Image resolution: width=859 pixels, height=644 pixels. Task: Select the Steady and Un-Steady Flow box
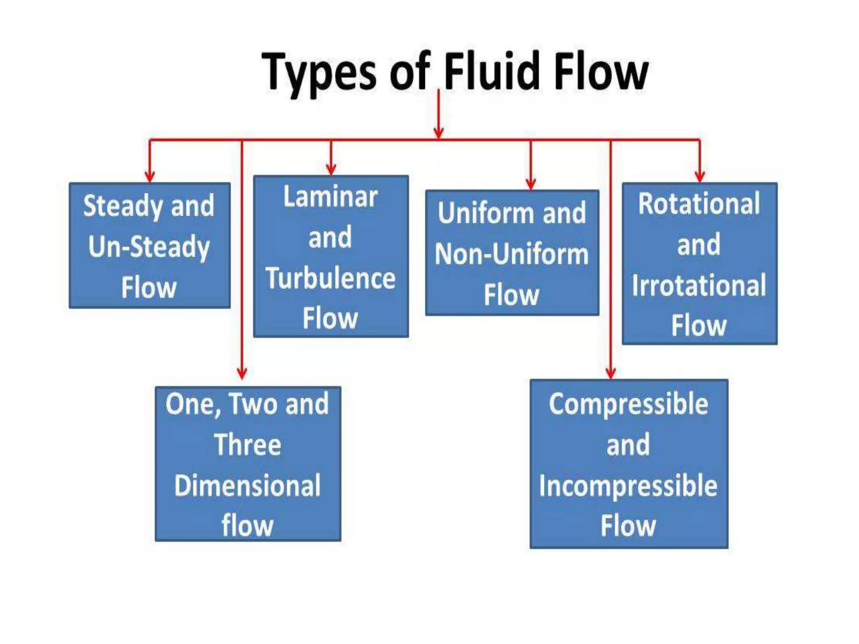coord(149,246)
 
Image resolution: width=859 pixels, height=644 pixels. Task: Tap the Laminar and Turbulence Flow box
coord(331,256)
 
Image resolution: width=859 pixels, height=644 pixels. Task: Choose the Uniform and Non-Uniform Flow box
coord(512,253)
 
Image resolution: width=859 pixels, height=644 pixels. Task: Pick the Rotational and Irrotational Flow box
coord(699,264)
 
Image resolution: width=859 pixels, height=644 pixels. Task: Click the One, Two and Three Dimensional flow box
coord(247,464)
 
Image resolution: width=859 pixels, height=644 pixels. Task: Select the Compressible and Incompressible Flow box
coord(628,464)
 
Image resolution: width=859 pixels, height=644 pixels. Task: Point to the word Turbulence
coord(331,278)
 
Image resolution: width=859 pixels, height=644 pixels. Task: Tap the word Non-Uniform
coord(512,254)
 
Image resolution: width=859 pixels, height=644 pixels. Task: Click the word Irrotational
coord(699,285)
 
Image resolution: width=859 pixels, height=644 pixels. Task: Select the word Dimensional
coord(247,486)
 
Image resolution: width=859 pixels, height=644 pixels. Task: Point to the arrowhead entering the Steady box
coord(150,176)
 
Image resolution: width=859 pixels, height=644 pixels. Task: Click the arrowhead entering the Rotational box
coord(700,176)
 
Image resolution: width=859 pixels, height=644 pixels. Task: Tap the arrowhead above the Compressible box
coord(611,373)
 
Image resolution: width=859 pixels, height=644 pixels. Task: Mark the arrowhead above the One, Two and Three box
coord(242,373)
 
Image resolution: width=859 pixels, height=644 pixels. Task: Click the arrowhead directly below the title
coord(439,132)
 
